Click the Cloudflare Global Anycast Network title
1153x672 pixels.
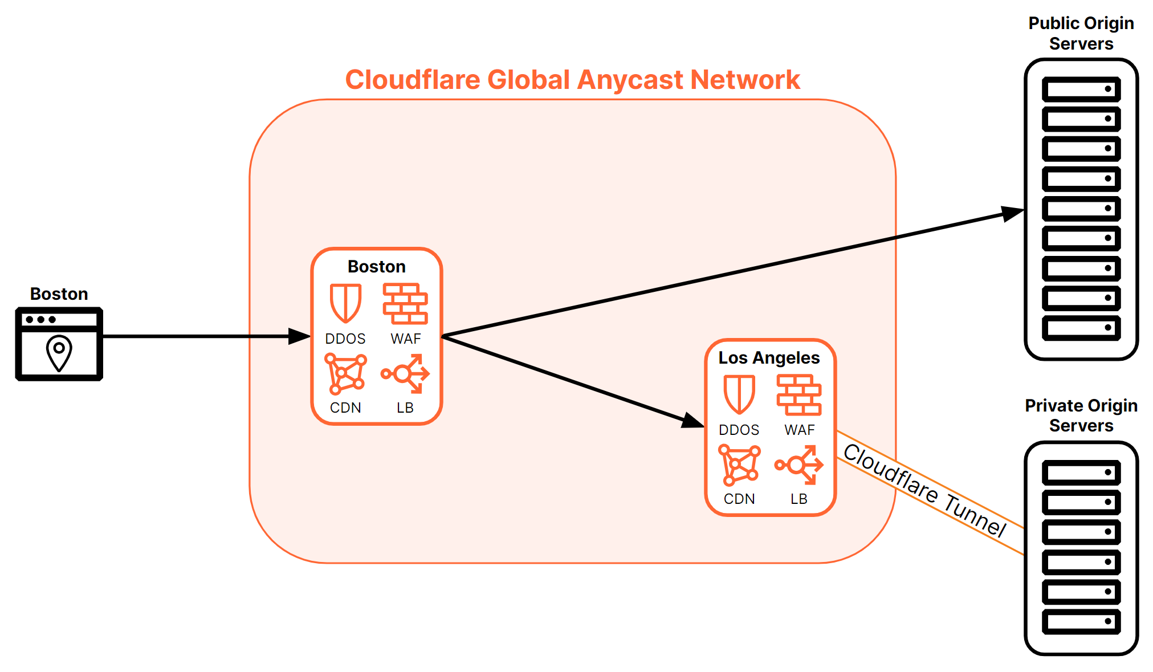point(572,80)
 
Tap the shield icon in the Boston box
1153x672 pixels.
point(345,303)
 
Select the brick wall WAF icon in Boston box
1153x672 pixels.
point(405,304)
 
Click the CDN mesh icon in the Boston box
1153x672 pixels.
point(345,374)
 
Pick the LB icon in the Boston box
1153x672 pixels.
point(405,374)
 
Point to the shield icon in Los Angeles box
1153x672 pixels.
point(739,394)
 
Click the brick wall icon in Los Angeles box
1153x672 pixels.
point(799,395)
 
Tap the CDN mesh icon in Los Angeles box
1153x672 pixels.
point(739,465)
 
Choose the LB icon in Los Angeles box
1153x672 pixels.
point(799,465)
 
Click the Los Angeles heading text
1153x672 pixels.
point(769,358)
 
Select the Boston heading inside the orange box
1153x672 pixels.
point(377,267)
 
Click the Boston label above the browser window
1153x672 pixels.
point(59,294)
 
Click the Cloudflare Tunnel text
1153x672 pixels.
point(924,491)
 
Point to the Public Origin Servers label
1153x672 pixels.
point(1081,33)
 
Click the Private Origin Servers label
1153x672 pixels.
point(1081,416)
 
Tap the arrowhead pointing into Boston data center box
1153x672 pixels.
point(299,336)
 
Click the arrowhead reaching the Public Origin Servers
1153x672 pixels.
point(1013,213)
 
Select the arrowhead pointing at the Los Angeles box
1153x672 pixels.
point(692,421)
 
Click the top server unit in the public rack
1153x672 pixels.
point(1081,89)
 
